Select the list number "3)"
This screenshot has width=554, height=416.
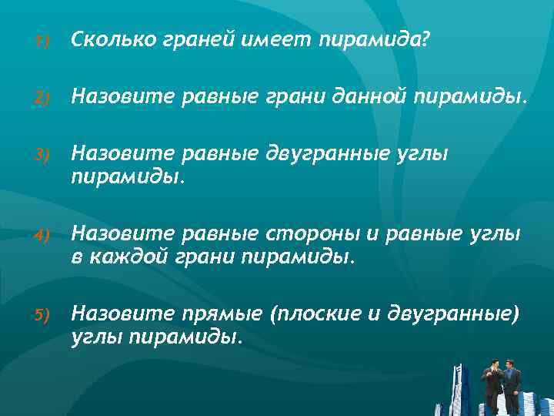point(42,156)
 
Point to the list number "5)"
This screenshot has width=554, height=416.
point(42,315)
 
